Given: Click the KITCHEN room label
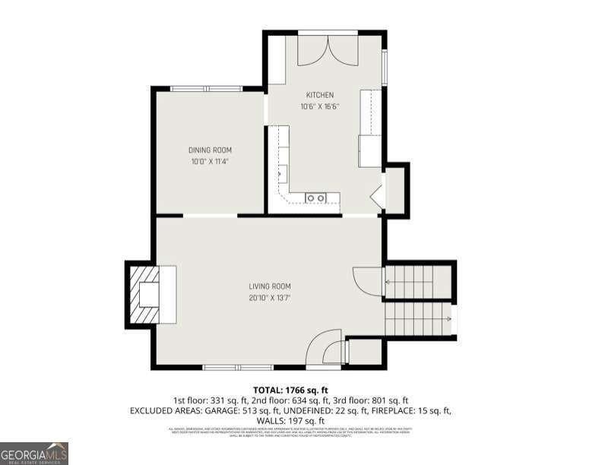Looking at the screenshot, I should (319, 95).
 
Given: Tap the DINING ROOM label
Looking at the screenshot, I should (210, 150).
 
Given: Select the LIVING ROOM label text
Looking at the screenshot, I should (269, 286).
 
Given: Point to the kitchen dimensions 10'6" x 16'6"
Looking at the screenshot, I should (319, 106).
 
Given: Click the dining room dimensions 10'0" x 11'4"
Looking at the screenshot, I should (210, 161).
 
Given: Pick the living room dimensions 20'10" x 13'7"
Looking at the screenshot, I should (269, 298).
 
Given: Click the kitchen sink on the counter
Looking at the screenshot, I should (315, 198).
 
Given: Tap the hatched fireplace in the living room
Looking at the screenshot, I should (144, 294).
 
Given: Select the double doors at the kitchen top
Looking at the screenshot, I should (328, 49).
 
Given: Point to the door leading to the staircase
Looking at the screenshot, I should (366, 281).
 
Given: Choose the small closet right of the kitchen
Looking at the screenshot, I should (395, 190).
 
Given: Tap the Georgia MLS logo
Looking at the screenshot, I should (34, 453).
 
